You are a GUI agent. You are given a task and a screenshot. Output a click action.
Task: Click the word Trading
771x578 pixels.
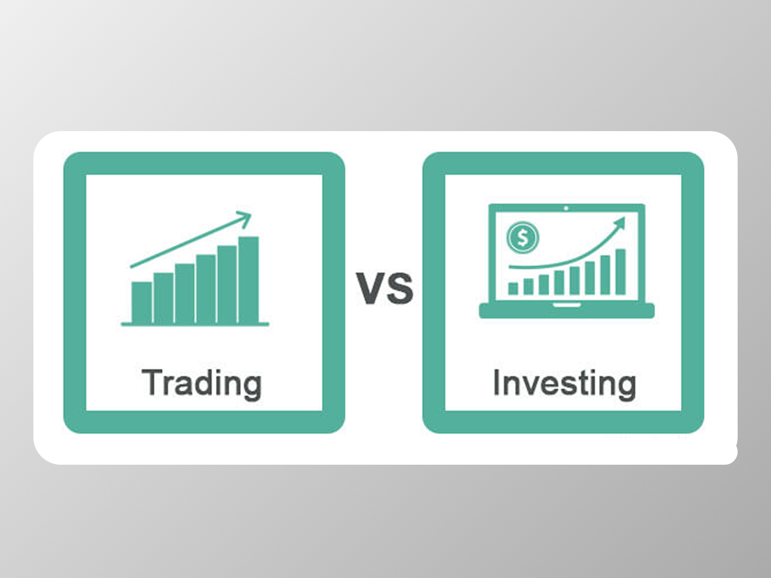coord(201,383)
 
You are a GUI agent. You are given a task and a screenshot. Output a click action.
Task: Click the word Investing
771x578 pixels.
coord(564,383)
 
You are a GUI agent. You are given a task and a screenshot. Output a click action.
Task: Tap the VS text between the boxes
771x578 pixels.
coord(384,288)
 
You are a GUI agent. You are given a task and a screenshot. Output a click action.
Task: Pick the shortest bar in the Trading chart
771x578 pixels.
coord(142,303)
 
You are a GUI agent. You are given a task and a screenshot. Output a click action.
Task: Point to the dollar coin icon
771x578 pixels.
coord(522,237)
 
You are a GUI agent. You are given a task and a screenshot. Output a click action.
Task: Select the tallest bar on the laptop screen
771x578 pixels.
coord(620,271)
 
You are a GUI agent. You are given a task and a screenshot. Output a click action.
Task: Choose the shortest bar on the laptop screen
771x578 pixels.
coord(513,288)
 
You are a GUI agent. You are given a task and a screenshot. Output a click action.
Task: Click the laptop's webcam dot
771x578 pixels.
coord(566,208)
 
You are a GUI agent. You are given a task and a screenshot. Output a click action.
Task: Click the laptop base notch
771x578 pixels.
coord(566,305)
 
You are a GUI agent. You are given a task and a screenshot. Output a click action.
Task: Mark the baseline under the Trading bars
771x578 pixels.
coord(195,324)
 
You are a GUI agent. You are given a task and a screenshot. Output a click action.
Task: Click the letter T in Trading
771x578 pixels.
coord(151,382)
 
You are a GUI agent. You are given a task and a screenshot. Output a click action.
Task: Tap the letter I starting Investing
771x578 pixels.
coord(497,382)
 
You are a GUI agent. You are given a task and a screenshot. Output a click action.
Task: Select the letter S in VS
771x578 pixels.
coord(400,288)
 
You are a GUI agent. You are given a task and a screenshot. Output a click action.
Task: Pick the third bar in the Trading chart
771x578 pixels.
coord(185,293)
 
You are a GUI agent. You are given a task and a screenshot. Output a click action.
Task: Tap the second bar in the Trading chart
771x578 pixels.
coord(163,298)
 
